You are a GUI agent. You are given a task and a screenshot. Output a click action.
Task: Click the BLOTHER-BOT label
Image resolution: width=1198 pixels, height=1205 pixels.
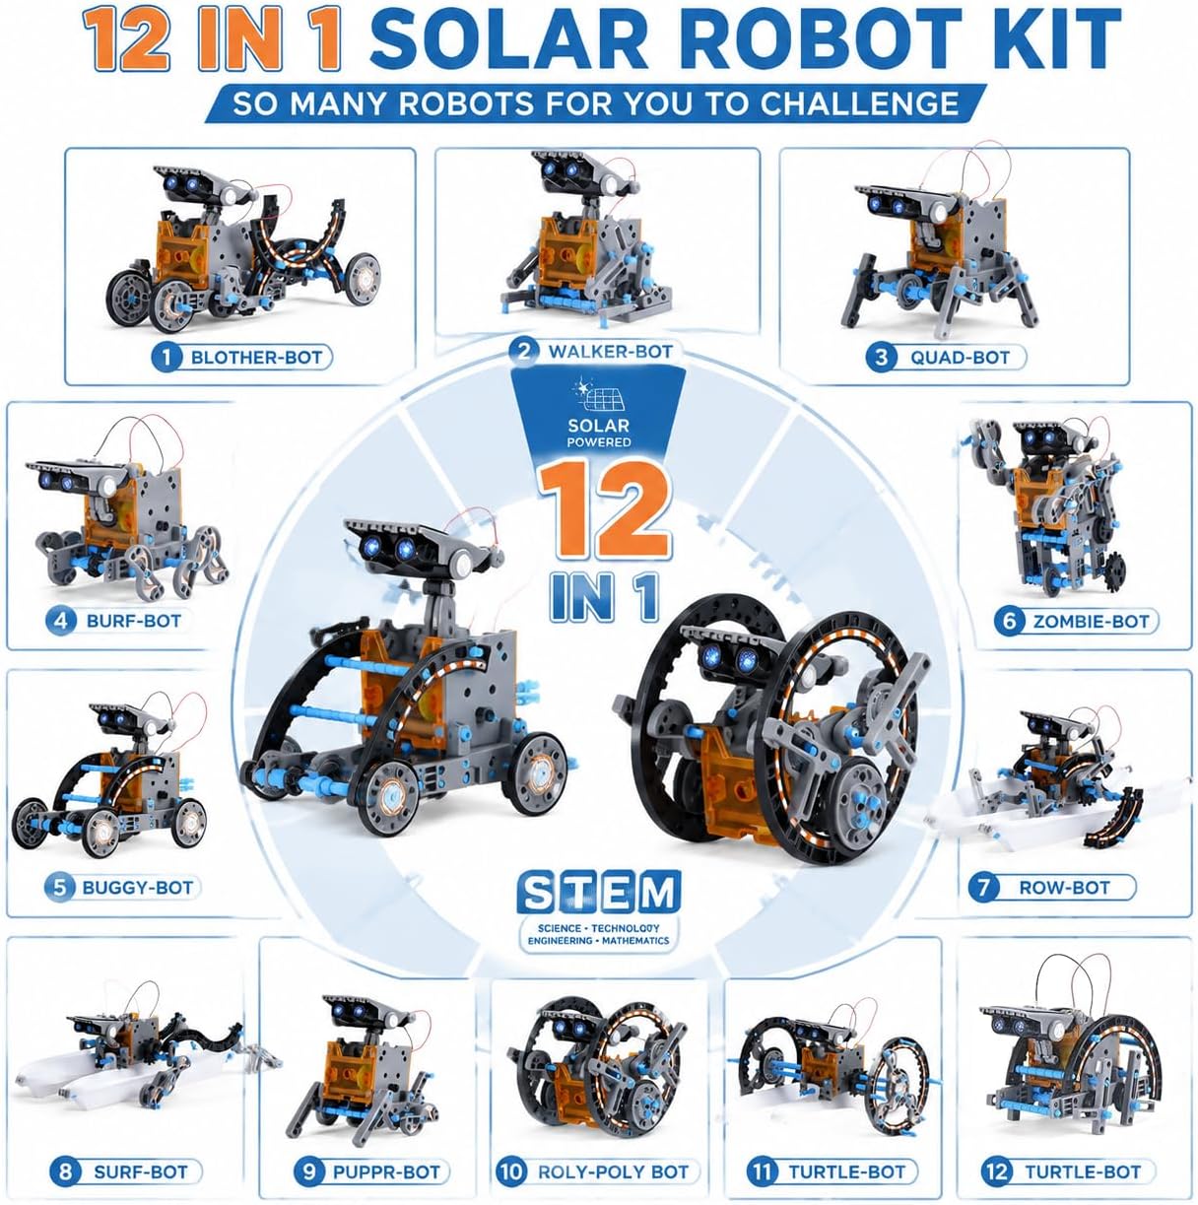[256, 358]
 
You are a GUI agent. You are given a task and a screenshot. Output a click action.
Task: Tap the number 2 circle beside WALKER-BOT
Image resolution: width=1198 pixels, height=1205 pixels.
[523, 351]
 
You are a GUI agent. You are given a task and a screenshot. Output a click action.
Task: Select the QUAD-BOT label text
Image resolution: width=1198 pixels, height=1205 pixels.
[960, 358]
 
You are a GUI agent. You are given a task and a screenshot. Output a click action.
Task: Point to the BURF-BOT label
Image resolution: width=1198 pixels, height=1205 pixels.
[133, 621]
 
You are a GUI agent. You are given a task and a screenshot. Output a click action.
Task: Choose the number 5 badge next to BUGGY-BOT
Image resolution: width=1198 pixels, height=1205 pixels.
[59, 888]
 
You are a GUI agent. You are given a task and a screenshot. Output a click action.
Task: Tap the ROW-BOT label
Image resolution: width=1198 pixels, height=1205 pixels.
[1064, 888]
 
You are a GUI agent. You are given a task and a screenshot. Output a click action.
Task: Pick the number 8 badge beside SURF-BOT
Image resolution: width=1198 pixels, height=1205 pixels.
[65, 1172]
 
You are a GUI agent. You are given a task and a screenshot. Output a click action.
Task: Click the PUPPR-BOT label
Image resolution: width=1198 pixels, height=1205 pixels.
[386, 1172]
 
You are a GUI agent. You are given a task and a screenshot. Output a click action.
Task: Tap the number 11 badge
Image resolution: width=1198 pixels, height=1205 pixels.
[762, 1172]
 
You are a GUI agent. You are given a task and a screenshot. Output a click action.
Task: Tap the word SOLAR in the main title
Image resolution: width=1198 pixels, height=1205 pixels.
[508, 38]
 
